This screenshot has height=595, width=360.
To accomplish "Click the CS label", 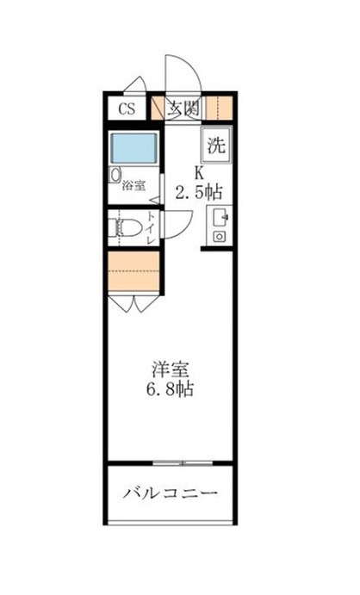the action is pyautogui.click(x=127, y=108).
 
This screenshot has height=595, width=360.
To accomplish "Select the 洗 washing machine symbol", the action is pyautogui.click(x=216, y=145).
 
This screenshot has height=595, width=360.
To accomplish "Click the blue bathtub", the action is pyautogui.click(x=134, y=148).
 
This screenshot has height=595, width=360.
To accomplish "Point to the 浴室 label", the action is pyautogui.click(x=133, y=186).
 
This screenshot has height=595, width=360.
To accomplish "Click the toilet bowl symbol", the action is pyautogui.click(x=124, y=227).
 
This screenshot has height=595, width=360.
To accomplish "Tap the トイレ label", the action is pyautogui.click(x=151, y=228).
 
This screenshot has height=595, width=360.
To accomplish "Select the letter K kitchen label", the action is pyautogui.click(x=199, y=173).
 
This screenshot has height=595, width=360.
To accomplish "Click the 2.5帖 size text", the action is pyautogui.click(x=198, y=192).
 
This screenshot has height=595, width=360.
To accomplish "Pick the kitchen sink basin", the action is pyautogui.click(x=220, y=217).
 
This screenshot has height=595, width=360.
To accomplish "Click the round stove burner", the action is pyautogui.click(x=220, y=237).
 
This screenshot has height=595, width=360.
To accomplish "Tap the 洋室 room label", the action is pyautogui.click(x=171, y=369).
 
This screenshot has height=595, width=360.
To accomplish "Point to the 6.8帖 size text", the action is pyautogui.click(x=170, y=389).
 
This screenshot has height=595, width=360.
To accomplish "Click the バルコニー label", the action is pyautogui.click(x=171, y=493).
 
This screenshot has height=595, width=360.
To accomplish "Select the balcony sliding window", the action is pyautogui.click(x=183, y=463).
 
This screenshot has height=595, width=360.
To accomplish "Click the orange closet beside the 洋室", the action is pyautogui.click(x=133, y=271).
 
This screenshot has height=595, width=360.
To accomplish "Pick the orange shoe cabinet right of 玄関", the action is pyautogui.click(x=220, y=108).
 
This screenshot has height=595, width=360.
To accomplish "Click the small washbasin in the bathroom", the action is pyautogui.click(x=115, y=175).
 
